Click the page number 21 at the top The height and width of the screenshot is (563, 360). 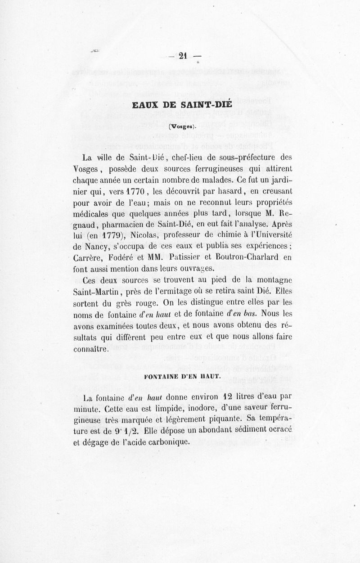[183, 56]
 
